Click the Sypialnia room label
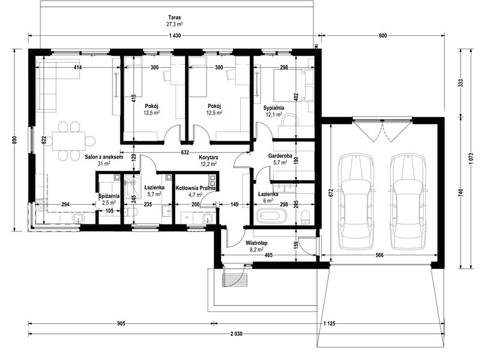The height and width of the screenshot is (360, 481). [x=273, y=108]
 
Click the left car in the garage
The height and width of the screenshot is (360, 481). [x=355, y=201]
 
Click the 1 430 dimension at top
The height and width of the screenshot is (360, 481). [x=175, y=37]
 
